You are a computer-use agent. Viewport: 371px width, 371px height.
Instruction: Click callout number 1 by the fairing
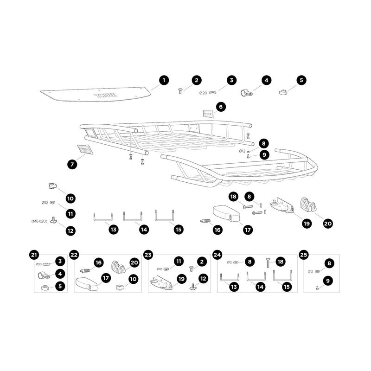coord(164,80)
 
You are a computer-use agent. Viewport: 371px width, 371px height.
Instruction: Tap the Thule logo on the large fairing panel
coord(106,95)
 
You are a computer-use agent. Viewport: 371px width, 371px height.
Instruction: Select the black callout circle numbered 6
coord(221,107)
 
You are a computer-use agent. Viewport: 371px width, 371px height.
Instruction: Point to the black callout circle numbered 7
coord(72,164)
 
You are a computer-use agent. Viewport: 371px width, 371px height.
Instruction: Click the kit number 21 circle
coord(34,255)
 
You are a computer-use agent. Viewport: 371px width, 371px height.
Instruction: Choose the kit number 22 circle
coord(74,255)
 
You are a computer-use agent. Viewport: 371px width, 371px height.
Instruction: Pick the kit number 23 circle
coord(148,255)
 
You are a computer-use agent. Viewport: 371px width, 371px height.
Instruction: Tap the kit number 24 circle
coord(217,255)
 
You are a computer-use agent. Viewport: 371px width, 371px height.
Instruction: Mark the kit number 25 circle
coord(304,255)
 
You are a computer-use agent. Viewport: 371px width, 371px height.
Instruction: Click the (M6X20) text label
coord(39,221)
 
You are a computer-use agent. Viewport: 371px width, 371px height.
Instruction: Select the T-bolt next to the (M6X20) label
coord(53,220)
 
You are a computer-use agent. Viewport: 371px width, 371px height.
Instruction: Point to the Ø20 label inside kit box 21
coord(38,264)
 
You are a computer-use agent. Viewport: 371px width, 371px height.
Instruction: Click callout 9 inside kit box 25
coord(328,281)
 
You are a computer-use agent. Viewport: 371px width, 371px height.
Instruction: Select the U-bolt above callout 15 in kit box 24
coord(282,276)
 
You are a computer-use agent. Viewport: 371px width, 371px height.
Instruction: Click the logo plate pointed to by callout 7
coord(85,149)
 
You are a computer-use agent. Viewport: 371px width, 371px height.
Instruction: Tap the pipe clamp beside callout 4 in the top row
coord(247,93)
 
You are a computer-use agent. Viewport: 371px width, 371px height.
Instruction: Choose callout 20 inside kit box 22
coord(134,262)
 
